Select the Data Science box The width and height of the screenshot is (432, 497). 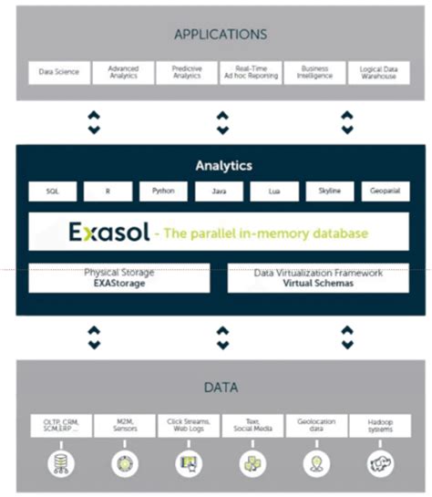[59, 72]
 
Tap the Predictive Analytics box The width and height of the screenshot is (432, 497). [187, 72]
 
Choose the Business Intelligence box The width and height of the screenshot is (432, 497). [314, 72]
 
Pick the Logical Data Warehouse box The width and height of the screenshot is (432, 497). [378, 72]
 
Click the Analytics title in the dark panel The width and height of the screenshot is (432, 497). [223, 166]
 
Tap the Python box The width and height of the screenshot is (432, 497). [164, 192]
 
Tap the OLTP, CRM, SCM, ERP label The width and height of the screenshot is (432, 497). [60, 425]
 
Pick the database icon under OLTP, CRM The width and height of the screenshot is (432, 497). [60, 463]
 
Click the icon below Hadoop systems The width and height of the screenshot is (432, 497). [380, 464]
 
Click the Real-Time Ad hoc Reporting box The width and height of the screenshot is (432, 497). [251, 72]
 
